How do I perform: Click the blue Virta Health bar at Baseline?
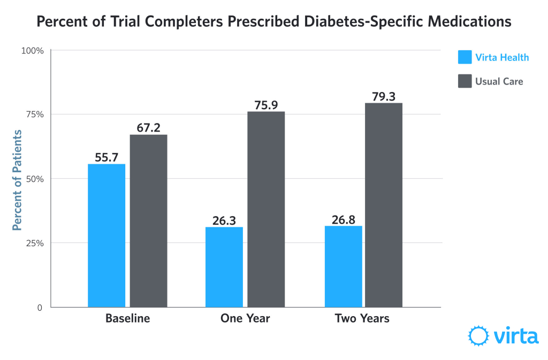[106, 235]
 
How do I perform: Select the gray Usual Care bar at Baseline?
[149, 220]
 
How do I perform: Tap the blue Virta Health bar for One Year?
[224, 267]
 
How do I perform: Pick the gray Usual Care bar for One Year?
[267, 209]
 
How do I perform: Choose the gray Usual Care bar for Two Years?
[384, 205]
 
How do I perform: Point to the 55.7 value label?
[106, 156]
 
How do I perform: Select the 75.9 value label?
[267, 104]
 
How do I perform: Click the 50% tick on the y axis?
[35, 179]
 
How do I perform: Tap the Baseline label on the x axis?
[127, 318]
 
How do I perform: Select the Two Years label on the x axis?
[362, 318]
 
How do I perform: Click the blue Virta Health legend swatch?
[465, 57]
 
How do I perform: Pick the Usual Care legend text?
[499, 81]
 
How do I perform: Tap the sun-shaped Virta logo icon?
[478, 336]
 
